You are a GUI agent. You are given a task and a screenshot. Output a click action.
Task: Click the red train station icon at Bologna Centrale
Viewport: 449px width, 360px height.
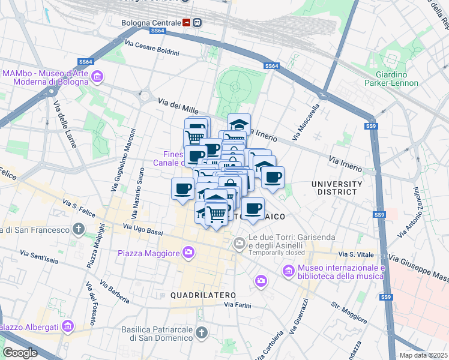[187, 23]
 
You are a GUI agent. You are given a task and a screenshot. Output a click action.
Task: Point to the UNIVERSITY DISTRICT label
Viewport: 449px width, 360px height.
[337, 188]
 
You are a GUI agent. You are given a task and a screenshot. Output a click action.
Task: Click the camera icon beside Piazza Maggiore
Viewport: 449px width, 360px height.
[188, 253]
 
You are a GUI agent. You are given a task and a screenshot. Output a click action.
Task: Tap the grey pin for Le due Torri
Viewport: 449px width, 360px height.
[238, 243]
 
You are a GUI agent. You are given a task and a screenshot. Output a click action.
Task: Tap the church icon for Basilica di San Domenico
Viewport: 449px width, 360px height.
[202, 332]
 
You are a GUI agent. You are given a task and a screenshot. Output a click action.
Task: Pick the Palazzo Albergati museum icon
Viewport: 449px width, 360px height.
[67, 327]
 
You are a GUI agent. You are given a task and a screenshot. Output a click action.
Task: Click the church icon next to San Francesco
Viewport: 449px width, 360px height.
[79, 229]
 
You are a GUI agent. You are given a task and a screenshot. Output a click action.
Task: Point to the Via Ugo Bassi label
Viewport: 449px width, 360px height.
[143, 227]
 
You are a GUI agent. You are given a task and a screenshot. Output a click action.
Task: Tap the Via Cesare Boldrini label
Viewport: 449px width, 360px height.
[152, 48]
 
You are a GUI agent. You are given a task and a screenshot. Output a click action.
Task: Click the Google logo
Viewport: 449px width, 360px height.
[20, 352]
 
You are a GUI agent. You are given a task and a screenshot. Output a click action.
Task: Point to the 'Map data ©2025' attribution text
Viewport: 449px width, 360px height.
[424, 355]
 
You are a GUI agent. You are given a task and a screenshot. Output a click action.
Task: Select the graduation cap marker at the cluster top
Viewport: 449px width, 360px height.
[239, 124]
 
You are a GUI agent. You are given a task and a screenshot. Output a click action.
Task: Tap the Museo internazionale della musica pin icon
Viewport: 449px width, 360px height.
[289, 272]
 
